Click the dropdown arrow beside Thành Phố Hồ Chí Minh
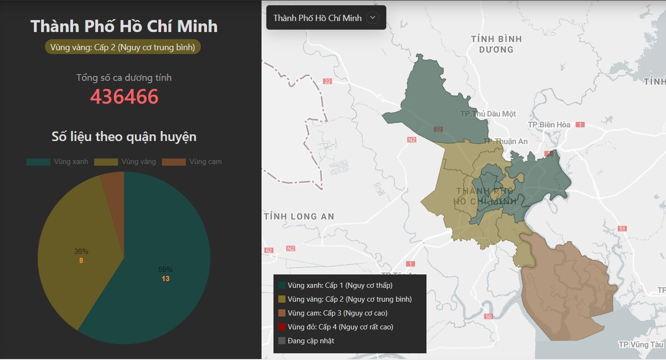(x=372, y=18)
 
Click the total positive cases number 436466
(x=124, y=97)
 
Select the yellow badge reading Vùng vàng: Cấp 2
(x=122, y=47)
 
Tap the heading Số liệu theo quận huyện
(x=124, y=137)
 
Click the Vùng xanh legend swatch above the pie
(x=38, y=162)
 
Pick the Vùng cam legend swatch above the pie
(x=174, y=162)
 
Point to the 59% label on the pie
(x=165, y=270)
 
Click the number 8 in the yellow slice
(x=81, y=261)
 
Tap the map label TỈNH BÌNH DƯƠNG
(x=496, y=44)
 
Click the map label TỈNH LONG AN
(x=299, y=217)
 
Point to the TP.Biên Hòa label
(x=549, y=125)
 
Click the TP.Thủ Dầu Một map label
(x=488, y=114)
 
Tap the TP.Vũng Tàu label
(x=640, y=345)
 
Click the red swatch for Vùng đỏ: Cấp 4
(x=282, y=327)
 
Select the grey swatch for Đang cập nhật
(x=282, y=341)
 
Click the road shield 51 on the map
(x=622, y=229)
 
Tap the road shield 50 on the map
(x=488, y=316)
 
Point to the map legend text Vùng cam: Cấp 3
(x=338, y=313)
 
